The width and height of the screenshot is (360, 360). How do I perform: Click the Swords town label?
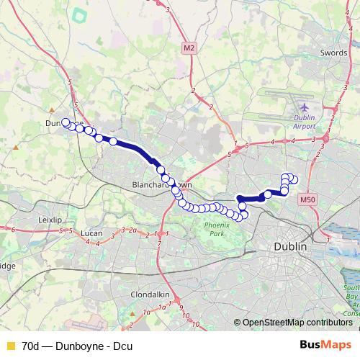tap(333, 53)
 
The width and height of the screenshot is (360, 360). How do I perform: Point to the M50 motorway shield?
tap(307, 199)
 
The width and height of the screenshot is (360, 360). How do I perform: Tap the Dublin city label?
tap(290, 246)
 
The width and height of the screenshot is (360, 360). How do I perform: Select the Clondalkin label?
tap(149, 294)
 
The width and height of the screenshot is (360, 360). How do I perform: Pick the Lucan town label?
tap(93, 234)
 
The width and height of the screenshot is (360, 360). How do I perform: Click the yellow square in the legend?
tap(10, 346)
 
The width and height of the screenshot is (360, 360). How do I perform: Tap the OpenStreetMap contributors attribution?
tap(292, 323)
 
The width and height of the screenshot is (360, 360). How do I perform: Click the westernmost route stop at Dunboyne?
tap(66, 122)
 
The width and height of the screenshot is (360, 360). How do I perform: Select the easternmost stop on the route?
tap(294, 179)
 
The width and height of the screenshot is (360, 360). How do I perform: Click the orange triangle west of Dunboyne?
tap(15, 148)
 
